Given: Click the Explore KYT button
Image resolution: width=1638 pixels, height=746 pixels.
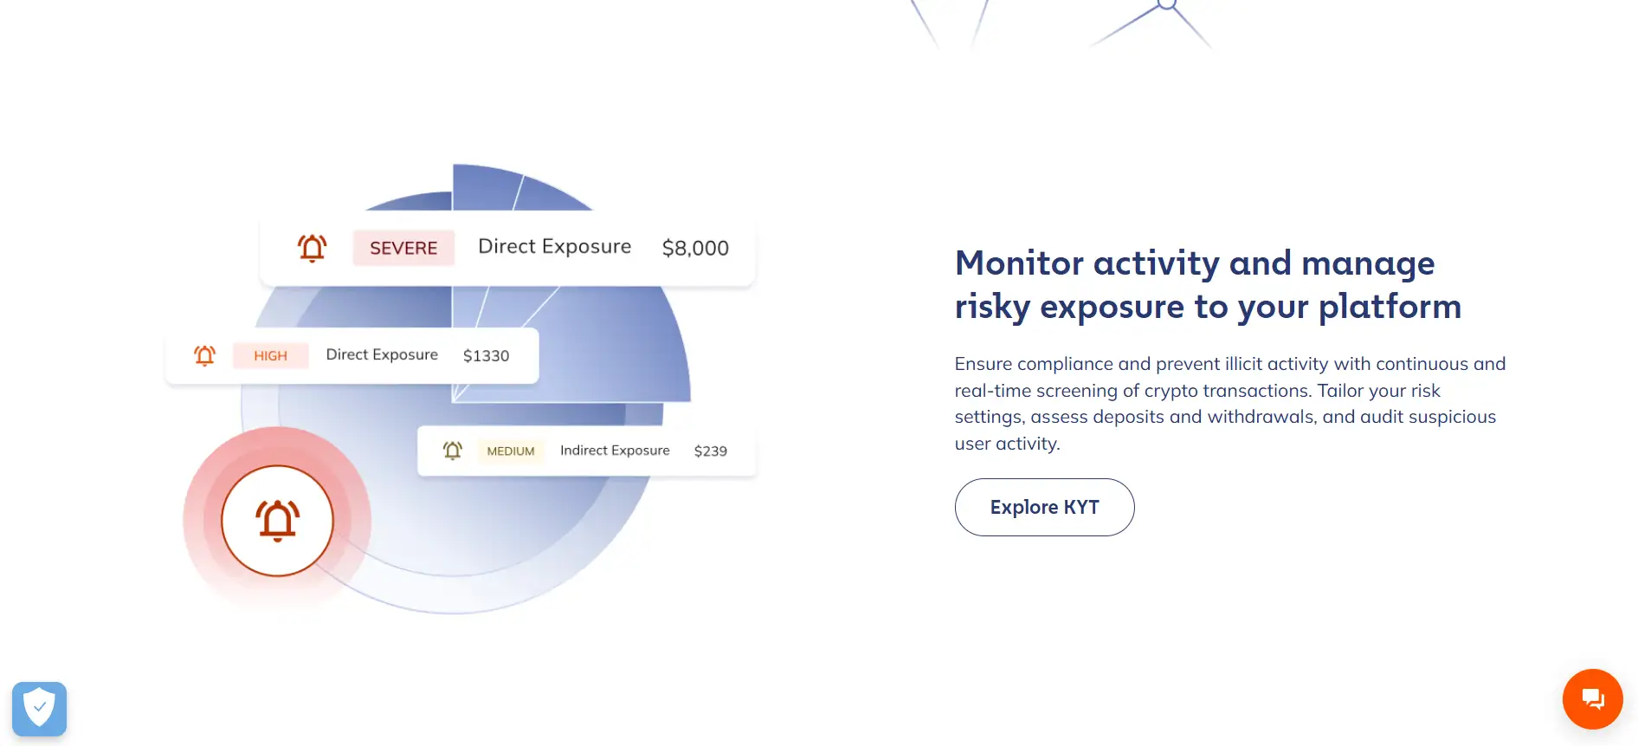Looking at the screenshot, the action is pos(1044,507).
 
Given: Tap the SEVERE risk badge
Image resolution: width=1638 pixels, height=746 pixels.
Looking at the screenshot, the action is pos(403,248).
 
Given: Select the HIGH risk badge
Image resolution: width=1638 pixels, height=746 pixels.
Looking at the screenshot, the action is pos(270,355).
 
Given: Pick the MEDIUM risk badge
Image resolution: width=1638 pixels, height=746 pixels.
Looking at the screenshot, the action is pos(511,451).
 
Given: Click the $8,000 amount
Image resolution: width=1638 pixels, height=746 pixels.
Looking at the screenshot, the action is pos(695,248).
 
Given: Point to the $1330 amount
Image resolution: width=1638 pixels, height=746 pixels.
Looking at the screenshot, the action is pos(486,355).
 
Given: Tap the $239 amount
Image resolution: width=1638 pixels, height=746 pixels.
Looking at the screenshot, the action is pos(710,451).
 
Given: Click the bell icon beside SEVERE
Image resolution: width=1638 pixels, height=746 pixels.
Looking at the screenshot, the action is pos(313,248).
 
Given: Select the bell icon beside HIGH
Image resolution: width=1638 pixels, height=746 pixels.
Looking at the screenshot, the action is pos(204,355).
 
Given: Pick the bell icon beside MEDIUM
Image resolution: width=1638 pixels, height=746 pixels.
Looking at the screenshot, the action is pos(453,451).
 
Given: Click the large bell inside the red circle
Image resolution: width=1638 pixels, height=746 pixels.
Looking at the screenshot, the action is pos(277,521).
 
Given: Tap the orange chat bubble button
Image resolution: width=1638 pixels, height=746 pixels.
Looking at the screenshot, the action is pos(1592,698).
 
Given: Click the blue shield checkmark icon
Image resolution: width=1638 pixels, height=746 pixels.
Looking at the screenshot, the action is pos(39,709).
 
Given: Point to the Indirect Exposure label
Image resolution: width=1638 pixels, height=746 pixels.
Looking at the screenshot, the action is pos(615,451).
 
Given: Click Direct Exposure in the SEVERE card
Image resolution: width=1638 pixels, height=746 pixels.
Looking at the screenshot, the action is pos(555,247).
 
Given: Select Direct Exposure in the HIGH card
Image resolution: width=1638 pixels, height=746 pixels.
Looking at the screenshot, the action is pos(382,354).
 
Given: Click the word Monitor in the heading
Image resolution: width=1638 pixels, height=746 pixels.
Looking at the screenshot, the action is pos(1019,263).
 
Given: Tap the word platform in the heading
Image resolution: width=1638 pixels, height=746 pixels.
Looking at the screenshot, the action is pos(1390,308).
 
